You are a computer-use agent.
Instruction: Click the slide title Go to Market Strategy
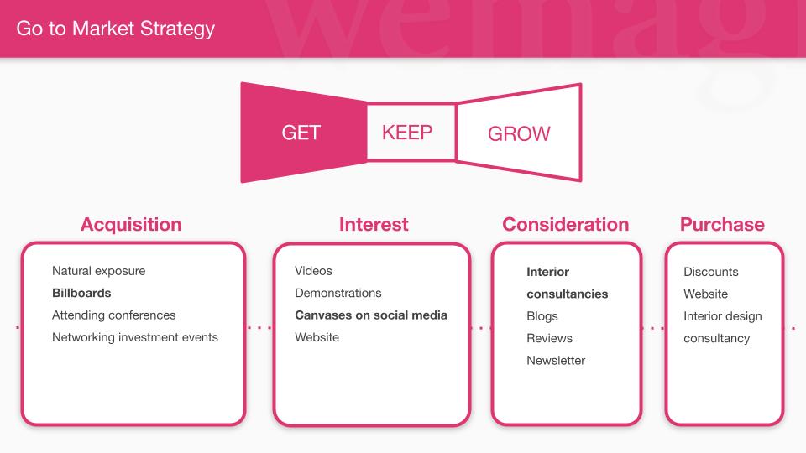pyautogui.click(x=115, y=29)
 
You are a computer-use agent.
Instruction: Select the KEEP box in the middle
pyautogui.click(x=411, y=133)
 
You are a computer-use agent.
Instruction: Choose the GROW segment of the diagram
pyautogui.click(x=519, y=133)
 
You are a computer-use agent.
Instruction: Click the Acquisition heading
pyautogui.click(x=131, y=225)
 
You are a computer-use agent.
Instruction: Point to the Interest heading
pyautogui.click(x=374, y=225)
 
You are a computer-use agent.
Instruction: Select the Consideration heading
pyautogui.click(x=565, y=225)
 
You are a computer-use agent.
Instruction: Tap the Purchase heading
pyautogui.click(x=722, y=225)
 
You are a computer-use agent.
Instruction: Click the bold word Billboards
pyautogui.click(x=81, y=293)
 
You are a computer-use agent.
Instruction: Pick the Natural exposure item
pyautogui.click(x=99, y=271)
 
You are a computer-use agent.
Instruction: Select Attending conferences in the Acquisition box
pyautogui.click(x=113, y=315)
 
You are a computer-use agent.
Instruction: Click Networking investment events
pyautogui.click(x=135, y=337)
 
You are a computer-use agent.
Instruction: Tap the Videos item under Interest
pyautogui.click(x=313, y=271)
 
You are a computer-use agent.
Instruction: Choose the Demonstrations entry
pyautogui.click(x=338, y=293)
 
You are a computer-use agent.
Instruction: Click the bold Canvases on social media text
pyautogui.click(x=371, y=315)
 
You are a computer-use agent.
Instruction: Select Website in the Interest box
pyautogui.click(x=317, y=337)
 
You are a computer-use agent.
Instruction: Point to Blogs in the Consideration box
pyautogui.click(x=542, y=316)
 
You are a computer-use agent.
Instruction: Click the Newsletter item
pyautogui.click(x=556, y=361)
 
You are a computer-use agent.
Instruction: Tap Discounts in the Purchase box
pyautogui.click(x=711, y=272)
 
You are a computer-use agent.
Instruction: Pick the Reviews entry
pyautogui.click(x=549, y=338)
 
